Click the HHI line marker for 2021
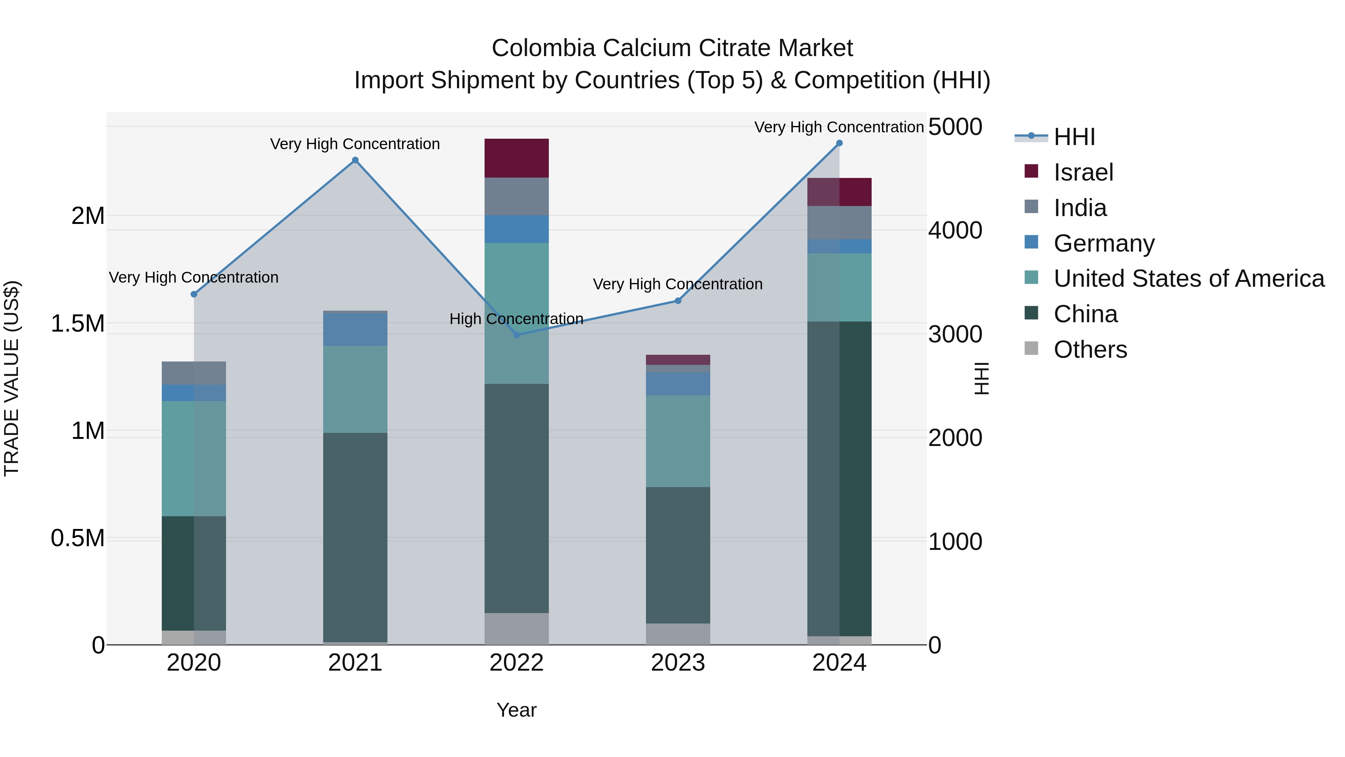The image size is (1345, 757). tap(355, 160)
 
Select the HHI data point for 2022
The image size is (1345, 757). tap(516, 335)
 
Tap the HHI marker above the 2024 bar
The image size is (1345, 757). tap(839, 143)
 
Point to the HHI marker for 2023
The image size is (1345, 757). tap(678, 301)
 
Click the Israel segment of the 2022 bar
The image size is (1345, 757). tap(516, 158)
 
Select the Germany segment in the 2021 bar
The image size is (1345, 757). tap(355, 329)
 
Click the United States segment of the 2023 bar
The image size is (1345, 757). tap(678, 441)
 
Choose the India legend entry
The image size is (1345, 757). tap(1079, 208)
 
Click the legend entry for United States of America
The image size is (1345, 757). tap(1188, 279)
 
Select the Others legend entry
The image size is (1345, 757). tap(1090, 350)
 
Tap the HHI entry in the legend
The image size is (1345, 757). tap(1074, 137)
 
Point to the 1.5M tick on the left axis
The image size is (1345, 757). tap(78, 324)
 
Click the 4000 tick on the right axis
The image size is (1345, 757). tap(955, 230)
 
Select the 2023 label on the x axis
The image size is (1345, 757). tap(678, 663)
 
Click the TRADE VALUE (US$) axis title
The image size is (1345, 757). tap(12, 378)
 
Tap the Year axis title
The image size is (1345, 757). tap(516, 710)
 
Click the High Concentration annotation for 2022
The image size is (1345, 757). tap(516, 319)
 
